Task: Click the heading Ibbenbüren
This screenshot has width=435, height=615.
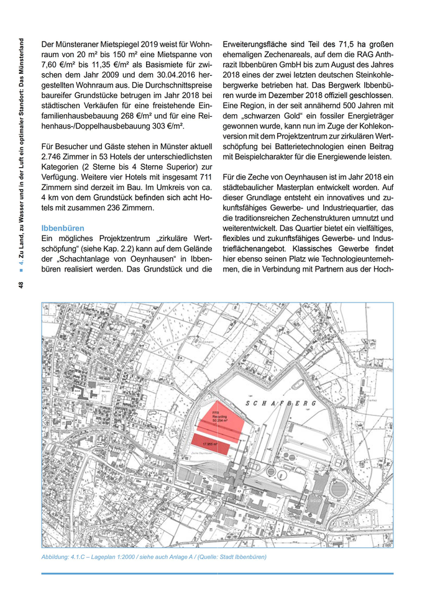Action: pos(63,228)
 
